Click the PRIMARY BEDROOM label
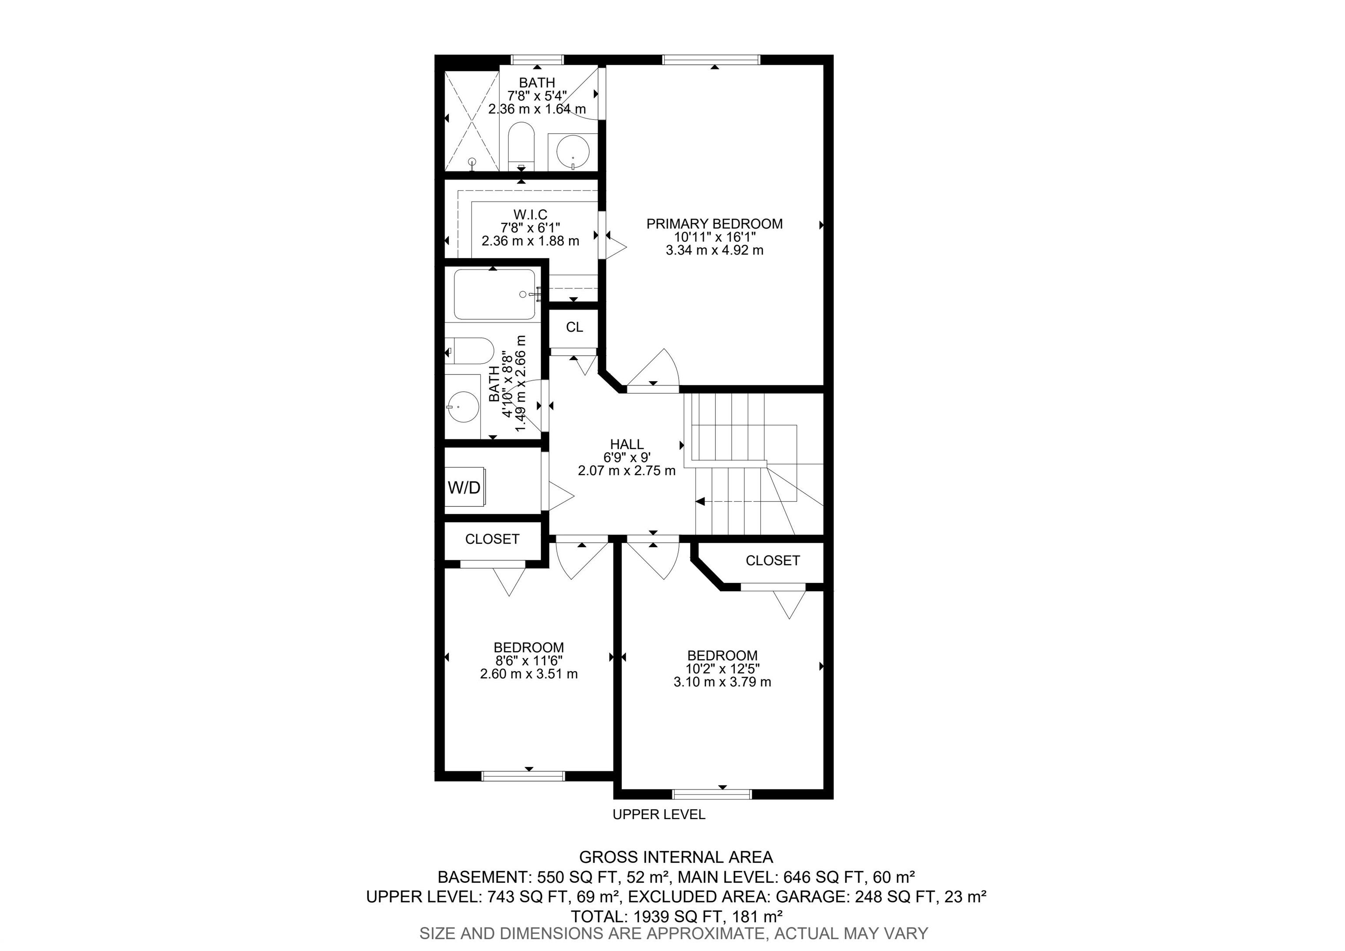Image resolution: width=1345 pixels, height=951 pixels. click(714, 224)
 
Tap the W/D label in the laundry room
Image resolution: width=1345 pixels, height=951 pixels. click(464, 488)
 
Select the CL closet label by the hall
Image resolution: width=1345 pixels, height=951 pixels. click(574, 327)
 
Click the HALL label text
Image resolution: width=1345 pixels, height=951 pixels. click(627, 444)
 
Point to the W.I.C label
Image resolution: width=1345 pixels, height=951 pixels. click(531, 215)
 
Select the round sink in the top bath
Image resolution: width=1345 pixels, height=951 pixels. click(572, 151)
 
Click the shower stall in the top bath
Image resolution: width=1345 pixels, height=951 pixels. click(472, 121)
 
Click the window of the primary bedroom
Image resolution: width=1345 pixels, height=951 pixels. click(711, 59)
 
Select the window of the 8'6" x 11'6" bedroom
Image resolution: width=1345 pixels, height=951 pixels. click(523, 776)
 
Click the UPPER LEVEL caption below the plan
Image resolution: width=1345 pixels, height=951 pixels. click(659, 814)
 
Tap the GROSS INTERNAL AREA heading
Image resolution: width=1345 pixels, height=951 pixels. click(676, 857)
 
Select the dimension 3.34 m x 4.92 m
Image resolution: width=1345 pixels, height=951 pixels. click(715, 250)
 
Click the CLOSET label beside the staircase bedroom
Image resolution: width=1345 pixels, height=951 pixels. click(773, 561)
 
